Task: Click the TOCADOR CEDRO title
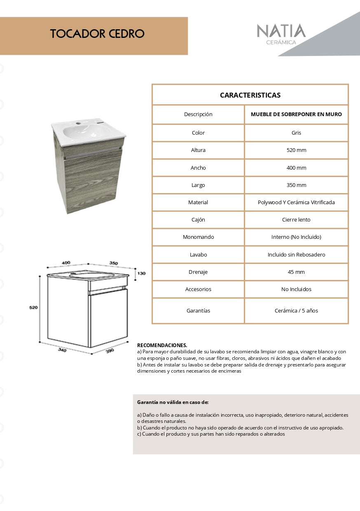click(x=97, y=34)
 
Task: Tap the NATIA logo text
click(x=281, y=31)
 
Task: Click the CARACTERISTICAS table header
click(x=250, y=95)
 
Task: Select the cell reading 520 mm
click(x=296, y=150)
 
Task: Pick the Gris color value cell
click(x=296, y=133)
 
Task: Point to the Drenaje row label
click(x=198, y=272)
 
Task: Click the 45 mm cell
click(x=296, y=272)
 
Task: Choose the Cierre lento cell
click(x=296, y=220)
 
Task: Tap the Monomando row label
click(x=198, y=237)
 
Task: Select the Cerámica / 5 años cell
click(x=296, y=311)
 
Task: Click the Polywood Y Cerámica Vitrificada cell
click(x=296, y=203)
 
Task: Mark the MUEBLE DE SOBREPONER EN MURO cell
click(x=296, y=114)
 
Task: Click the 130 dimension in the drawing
click(x=141, y=273)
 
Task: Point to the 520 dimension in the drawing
click(x=33, y=308)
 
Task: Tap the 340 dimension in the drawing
click(x=62, y=350)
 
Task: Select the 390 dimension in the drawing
click(x=110, y=350)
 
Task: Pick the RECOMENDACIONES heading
click(x=162, y=345)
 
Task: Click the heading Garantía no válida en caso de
click(x=173, y=402)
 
